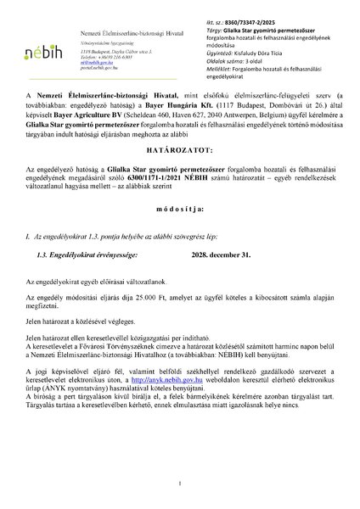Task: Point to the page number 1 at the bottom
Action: pyautogui.click(x=180, y=483)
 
